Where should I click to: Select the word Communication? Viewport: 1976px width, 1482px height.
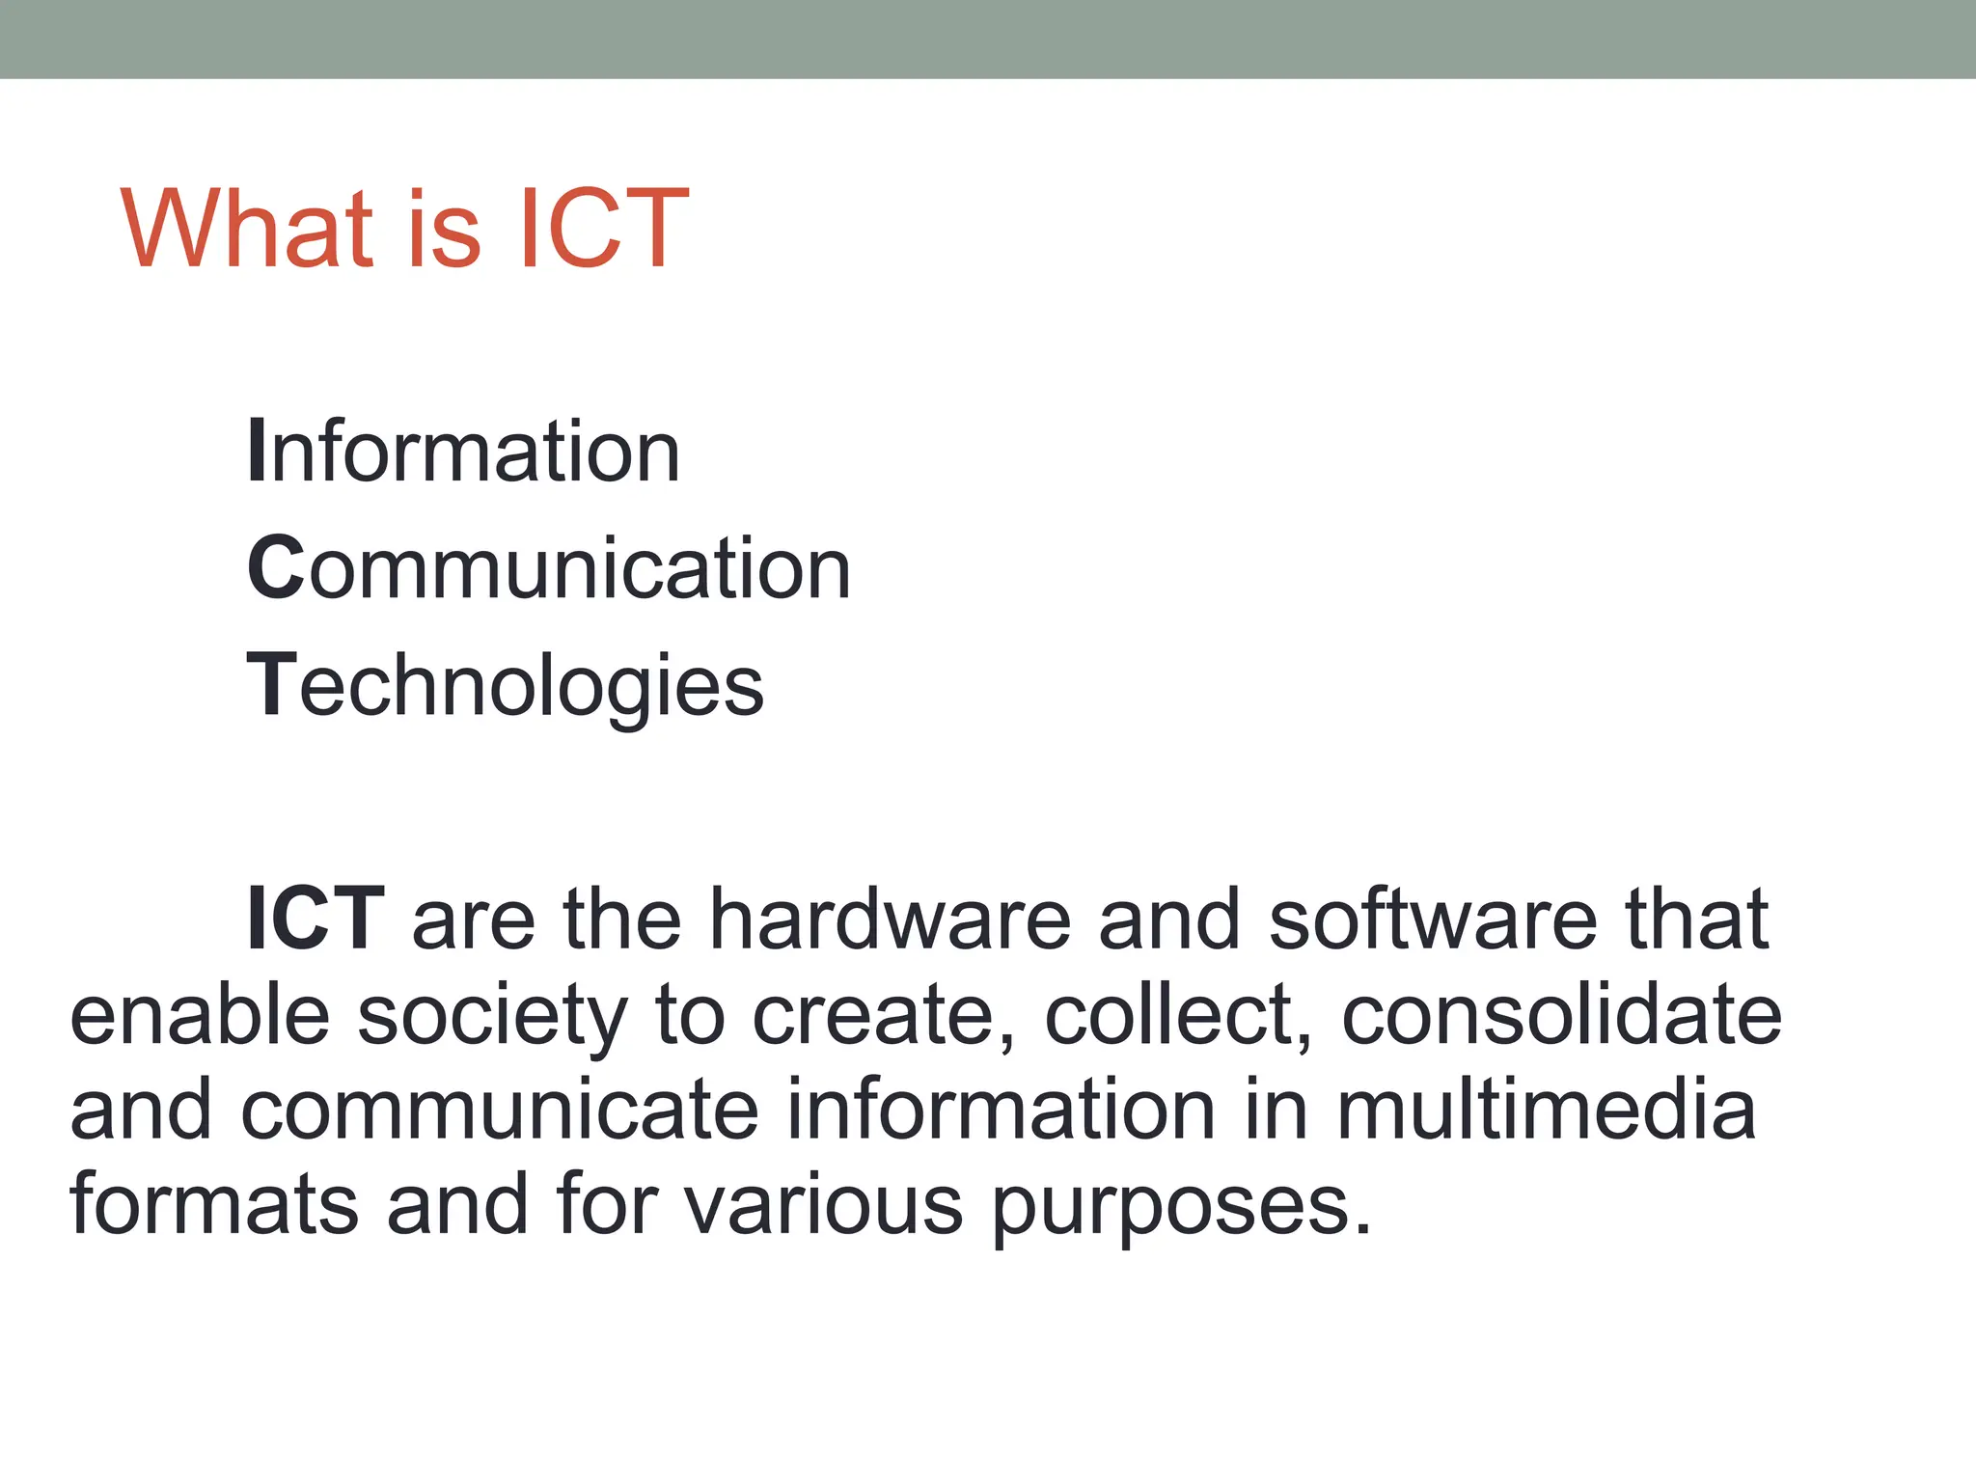tap(549, 568)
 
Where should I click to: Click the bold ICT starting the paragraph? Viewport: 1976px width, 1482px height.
tap(316, 919)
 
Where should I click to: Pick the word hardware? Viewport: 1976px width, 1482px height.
tap(890, 919)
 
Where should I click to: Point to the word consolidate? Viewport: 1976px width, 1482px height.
tap(1561, 1015)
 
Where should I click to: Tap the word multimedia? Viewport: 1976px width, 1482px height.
tap(1546, 1110)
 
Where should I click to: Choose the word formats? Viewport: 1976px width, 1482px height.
tap(214, 1204)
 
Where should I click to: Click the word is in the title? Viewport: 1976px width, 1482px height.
tap(443, 230)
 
